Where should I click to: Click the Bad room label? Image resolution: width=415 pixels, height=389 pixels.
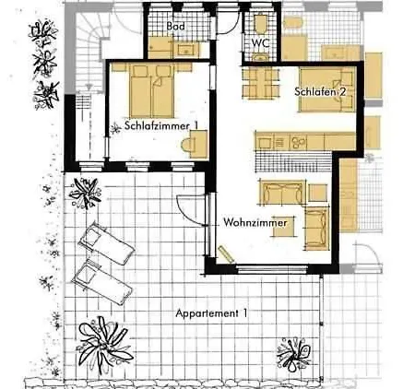coord(176,26)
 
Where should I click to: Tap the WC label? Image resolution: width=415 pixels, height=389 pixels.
coord(261,42)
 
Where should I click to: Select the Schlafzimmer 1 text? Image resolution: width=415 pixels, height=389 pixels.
coord(161,125)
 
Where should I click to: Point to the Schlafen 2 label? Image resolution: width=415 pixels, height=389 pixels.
coord(320,91)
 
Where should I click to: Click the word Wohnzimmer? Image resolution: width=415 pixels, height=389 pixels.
coord(255,222)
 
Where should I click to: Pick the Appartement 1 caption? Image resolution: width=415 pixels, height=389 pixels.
coord(211,313)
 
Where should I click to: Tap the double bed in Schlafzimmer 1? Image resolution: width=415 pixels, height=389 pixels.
coord(152,91)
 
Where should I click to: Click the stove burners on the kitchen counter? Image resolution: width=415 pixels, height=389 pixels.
coord(298,142)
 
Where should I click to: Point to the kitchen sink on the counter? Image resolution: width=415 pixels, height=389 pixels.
coord(264,143)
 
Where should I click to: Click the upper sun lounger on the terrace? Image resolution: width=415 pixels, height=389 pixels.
coord(106,242)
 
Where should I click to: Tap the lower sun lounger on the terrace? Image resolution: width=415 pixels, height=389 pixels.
coord(102,283)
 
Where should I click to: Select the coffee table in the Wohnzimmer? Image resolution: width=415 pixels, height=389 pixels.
coord(283,227)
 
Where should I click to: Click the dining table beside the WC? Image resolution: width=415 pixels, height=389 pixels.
coord(261,83)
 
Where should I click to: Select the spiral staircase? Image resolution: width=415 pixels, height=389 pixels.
coord(89,51)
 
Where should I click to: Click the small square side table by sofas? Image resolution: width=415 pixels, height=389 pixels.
coord(318,193)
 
